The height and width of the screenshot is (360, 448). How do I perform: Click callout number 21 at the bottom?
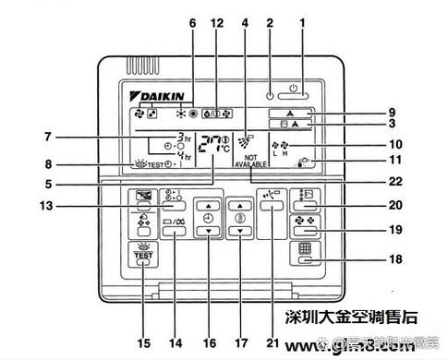270,343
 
